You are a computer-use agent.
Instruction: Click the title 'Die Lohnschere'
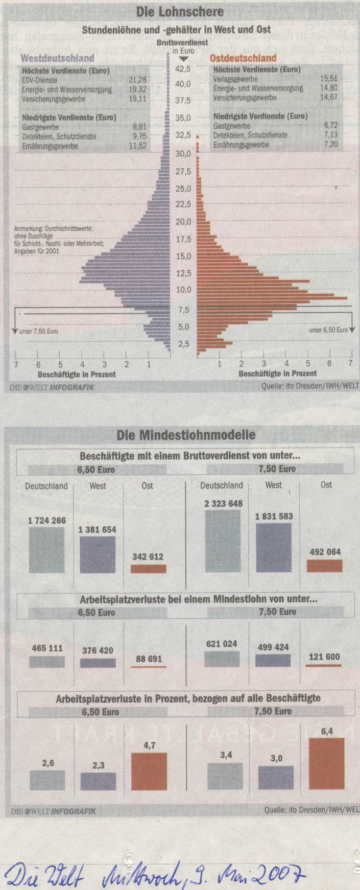click(180, 11)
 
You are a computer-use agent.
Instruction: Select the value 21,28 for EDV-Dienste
click(137, 80)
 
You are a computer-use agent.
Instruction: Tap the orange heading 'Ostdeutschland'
click(243, 58)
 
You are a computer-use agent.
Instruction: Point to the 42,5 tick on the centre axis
click(183, 68)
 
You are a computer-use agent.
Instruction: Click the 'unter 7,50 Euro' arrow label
click(38, 331)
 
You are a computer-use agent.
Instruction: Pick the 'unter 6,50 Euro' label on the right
click(328, 330)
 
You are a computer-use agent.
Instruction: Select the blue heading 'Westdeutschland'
click(57, 58)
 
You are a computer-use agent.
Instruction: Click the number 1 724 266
click(46, 520)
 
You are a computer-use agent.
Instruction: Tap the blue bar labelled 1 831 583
click(274, 547)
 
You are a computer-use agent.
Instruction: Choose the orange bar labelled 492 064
click(324, 565)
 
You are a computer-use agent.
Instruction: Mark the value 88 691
click(148, 659)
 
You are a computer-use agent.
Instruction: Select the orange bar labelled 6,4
click(327, 764)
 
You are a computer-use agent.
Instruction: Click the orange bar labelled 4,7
click(149, 771)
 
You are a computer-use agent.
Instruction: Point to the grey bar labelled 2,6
click(47, 780)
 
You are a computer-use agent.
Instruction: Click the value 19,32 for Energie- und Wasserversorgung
click(137, 89)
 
